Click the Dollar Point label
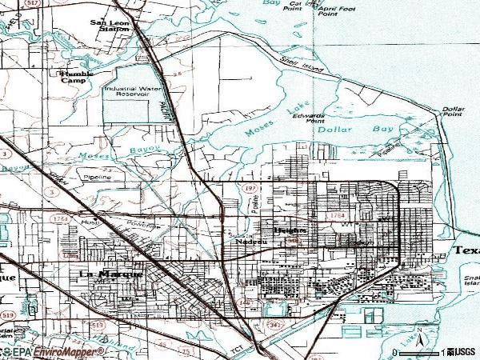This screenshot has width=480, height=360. pyautogui.click(x=453, y=112)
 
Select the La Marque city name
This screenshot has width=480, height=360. pyautogui.click(x=112, y=274)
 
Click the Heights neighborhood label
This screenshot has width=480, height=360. pyautogui.click(x=289, y=231)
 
